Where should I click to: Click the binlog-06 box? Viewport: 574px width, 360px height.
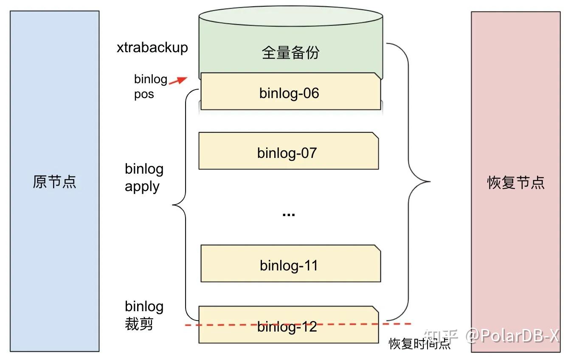(x=290, y=93)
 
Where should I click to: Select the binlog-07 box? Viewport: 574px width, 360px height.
(x=288, y=152)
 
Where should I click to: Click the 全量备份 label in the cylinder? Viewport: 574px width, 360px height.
(x=290, y=53)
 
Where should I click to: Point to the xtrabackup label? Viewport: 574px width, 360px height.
(x=152, y=47)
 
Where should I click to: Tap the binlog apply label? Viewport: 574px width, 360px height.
(x=144, y=177)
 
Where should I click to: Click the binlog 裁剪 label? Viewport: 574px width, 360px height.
(x=144, y=315)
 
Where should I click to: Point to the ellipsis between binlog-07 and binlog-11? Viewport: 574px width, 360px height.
(x=289, y=214)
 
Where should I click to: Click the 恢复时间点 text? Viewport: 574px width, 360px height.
(x=419, y=343)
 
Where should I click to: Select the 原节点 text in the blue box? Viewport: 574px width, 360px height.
(x=54, y=182)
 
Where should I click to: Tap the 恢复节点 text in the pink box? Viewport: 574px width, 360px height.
(x=515, y=183)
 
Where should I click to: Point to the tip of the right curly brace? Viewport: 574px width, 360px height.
(x=429, y=182)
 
